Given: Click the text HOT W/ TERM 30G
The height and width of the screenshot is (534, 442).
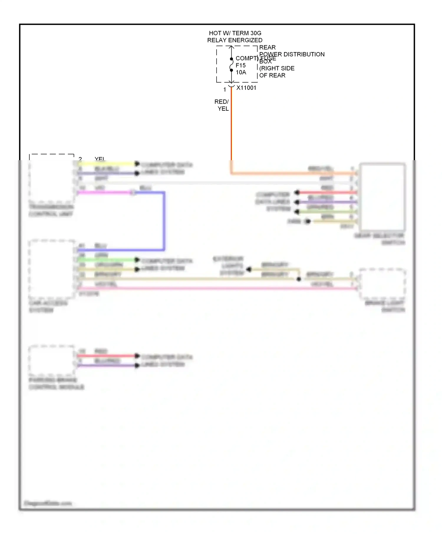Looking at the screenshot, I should point(235,33).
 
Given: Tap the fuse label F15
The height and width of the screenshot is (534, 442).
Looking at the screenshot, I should point(240,65).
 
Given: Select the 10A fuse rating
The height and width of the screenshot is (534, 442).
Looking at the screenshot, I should point(241,72).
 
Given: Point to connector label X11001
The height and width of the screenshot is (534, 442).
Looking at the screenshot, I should point(246,88).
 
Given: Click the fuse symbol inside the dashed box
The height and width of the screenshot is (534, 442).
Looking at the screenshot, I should point(231,64).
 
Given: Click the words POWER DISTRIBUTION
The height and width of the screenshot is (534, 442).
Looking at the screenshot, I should point(292,54).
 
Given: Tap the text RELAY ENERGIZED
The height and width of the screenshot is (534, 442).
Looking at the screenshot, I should point(235,40).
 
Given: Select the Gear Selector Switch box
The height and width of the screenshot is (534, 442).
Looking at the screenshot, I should point(382,197).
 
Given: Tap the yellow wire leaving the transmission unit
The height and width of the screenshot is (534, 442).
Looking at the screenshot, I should point(106,164).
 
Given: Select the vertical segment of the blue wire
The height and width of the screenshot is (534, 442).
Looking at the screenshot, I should point(164,221).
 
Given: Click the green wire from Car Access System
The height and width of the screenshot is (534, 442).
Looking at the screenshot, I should point(106,260).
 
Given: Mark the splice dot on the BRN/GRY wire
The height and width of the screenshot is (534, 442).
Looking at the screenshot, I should point(299,279).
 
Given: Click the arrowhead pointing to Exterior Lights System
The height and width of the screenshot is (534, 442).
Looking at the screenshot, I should point(249,269).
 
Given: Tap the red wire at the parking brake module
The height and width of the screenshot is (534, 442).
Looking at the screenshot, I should point(106,356).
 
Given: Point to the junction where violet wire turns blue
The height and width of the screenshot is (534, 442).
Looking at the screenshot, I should point(133,193).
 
